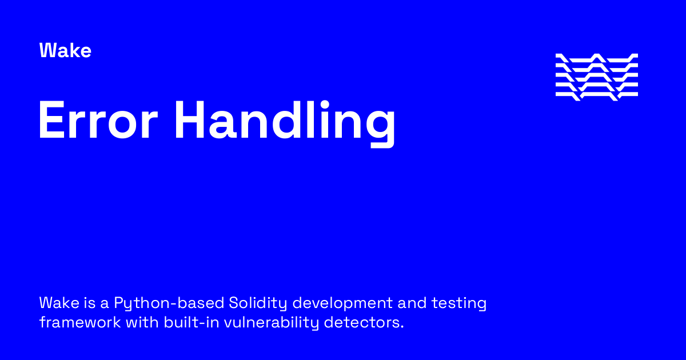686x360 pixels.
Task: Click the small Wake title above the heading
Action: (65, 51)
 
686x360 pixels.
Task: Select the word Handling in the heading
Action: (285, 122)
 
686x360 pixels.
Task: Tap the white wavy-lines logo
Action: (596, 77)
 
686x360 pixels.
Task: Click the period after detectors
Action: (402, 327)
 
